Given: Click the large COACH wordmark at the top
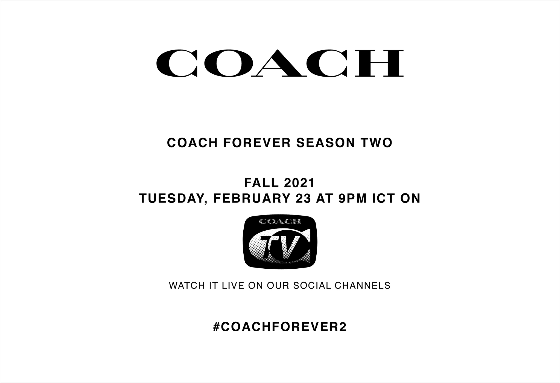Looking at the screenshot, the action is [x=280, y=63].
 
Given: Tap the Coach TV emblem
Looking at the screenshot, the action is [x=280, y=242].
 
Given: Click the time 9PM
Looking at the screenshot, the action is [x=352, y=198].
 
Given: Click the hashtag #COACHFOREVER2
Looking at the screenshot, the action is [x=280, y=327].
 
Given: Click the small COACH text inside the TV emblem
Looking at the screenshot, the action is [x=280, y=221].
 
